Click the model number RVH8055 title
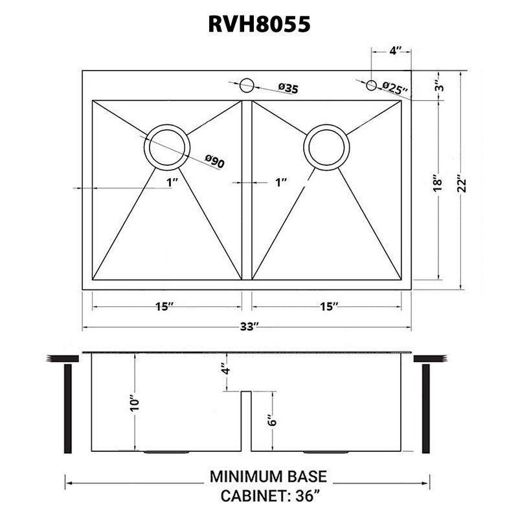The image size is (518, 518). point(258,24)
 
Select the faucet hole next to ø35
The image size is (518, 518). point(246,85)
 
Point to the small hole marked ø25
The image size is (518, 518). point(371,85)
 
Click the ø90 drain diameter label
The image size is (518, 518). point(214,162)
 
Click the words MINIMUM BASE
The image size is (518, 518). point(268,478)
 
